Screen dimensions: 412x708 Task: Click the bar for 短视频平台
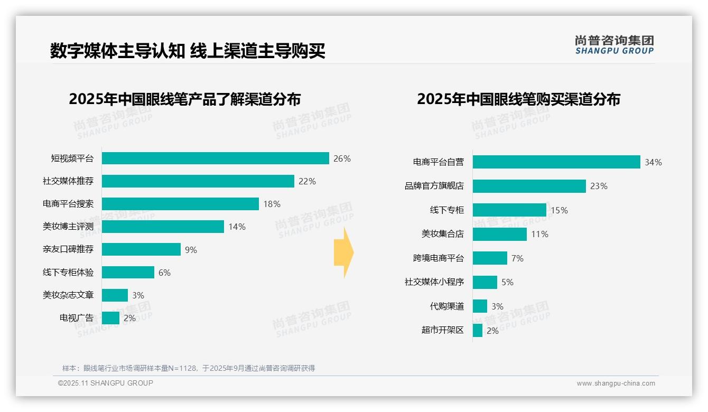click(216, 158)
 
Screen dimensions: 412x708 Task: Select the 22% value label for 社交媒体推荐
click(307, 181)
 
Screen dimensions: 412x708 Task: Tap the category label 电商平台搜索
click(68, 204)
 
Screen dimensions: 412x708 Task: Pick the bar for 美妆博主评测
click(163, 227)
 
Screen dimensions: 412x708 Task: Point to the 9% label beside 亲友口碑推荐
click(191, 250)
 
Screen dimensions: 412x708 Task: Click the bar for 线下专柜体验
click(128, 273)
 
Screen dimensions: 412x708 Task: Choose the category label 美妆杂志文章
click(68, 295)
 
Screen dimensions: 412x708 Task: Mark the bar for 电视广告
click(110, 318)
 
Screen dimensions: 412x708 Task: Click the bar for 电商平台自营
click(556, 162)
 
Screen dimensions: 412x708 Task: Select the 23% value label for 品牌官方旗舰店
click(599, 186)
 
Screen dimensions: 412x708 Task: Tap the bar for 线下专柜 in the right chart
click(509, 210)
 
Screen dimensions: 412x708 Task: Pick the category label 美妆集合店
click(442, 234)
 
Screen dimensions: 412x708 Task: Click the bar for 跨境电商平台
click(490, 258)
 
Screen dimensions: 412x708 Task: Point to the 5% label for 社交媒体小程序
click(507, 282)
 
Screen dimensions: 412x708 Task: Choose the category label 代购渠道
click(446, 306)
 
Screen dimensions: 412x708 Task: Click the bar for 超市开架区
click(478, 331)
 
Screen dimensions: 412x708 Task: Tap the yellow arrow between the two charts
click(343, 252)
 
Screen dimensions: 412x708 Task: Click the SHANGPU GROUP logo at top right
click(614, 45)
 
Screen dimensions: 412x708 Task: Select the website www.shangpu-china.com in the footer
click(616, 383)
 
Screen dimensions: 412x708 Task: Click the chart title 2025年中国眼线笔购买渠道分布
click(518, 99)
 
